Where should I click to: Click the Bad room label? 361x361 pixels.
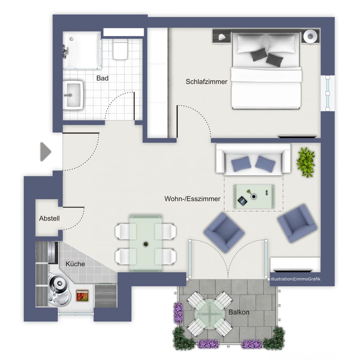click(x=102, y=78)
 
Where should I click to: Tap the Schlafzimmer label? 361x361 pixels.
click(x=206, y=82)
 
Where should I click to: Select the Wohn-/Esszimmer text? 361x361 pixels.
click(x=192, y=199)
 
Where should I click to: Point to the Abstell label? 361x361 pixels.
click(x=49, y=218)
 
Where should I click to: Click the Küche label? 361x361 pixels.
click(x=75, y=264)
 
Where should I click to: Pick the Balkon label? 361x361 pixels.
click(x=239, y=312)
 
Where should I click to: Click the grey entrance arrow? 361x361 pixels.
click(x=45, y=152)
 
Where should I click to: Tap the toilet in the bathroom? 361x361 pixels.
click(x=120, y=50)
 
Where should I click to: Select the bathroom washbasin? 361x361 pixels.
click(x=73, y=95)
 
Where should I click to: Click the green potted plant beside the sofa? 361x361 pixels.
click(x=305, y=162)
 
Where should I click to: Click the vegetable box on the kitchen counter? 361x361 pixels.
click(x=82, y=296)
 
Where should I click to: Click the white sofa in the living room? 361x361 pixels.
click(x=253, y=158)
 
